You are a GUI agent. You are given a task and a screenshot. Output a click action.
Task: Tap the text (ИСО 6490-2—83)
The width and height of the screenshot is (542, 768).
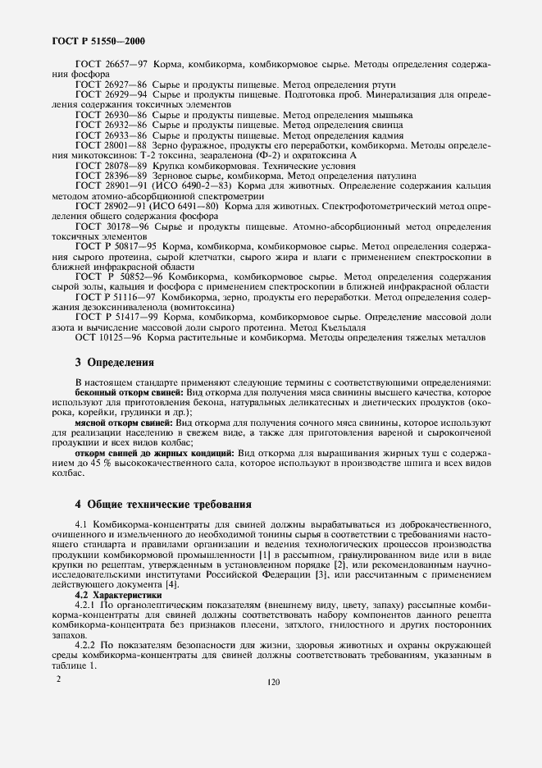tap(198, 186)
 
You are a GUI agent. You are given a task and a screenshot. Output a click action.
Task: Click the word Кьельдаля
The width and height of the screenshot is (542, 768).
tap(339, 327)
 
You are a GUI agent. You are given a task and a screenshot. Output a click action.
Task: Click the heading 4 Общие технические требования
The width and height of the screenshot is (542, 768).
tap(162, 504)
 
